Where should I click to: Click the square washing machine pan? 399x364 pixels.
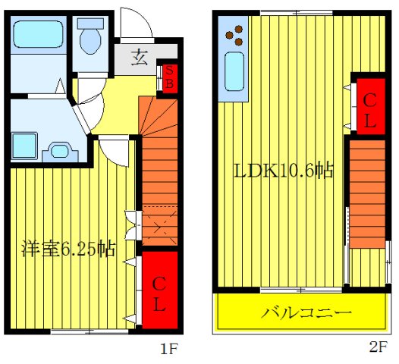point(27,143)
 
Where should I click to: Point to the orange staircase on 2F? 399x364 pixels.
point(369,193)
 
